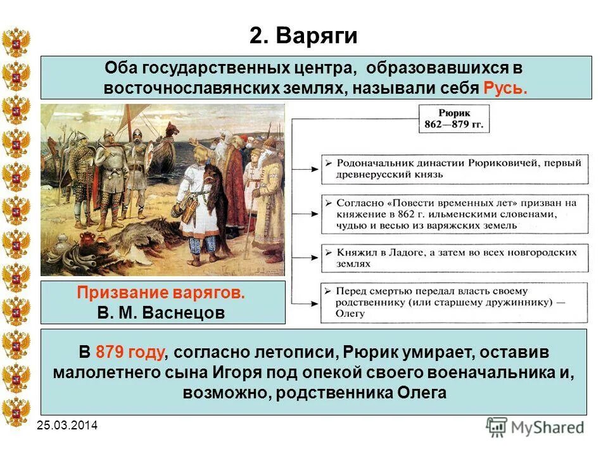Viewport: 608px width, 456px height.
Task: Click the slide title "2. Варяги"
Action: tap(303, 36)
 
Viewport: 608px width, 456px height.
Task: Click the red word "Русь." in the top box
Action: tap(505, 87)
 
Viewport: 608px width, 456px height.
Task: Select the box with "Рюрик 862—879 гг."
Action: tap(453, 118)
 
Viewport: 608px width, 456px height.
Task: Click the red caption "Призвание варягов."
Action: tap(160, 294)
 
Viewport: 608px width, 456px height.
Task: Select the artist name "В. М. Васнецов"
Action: tap(161, 313)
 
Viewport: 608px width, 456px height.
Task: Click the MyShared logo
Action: tap(535, 427)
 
